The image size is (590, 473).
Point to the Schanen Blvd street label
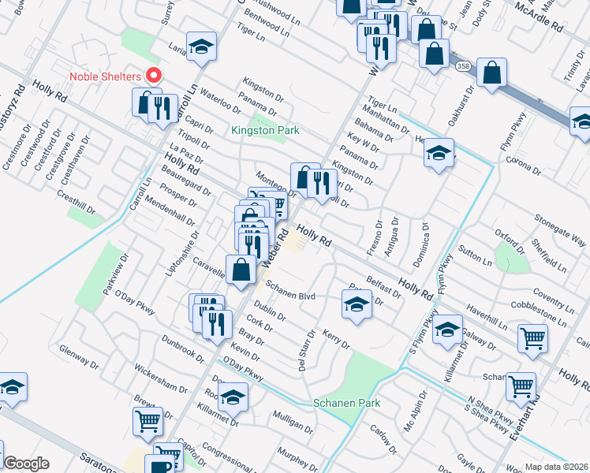[290, 289]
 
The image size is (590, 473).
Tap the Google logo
[26, 464]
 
